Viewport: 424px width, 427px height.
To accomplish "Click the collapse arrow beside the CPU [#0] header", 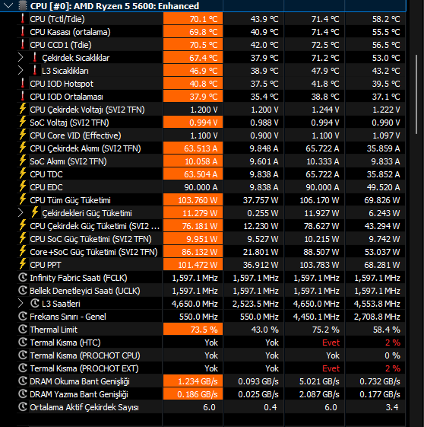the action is click(x=8, y=5).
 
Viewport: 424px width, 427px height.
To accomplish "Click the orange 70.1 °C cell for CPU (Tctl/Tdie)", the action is click(x=193, y=19).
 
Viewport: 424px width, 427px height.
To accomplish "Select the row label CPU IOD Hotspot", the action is click(x=62, y=84).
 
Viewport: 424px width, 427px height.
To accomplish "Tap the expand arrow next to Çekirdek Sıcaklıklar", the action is click(x=21, y=58).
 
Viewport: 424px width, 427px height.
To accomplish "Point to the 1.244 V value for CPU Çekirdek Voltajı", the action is click(x=325, y=110).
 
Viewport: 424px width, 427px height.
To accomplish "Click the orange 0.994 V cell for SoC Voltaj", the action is click(x=193, y=123).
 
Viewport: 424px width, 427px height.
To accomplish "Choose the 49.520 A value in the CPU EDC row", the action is click(x=383, y=187).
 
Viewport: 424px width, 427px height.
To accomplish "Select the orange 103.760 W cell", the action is click(x=193, y=200).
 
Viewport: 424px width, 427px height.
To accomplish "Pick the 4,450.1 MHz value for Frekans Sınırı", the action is click(x=316, y=317).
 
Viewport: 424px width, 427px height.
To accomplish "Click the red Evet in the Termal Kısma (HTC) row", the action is click(x=331, y=343).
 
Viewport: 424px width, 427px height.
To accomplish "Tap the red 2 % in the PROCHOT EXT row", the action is click(x=393, y=368).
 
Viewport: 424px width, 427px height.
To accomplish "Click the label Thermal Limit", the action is click(x=53, y=330).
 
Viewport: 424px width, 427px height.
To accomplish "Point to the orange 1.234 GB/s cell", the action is click(x=193, y=381).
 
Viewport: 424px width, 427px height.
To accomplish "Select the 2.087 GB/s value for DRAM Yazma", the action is click(x=319, y=394).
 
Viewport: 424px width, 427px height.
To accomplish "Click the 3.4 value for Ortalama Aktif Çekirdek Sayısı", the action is click(x=392, y=407).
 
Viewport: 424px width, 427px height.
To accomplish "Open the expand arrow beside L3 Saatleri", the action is click(x=21, y=304).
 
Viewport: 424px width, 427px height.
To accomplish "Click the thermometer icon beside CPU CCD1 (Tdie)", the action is click(x=23, y=45).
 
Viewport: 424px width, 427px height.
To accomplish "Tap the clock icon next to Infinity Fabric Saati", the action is click(x=23, y=278).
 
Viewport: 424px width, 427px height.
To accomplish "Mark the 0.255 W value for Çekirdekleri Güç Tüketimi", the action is click(x=263, y=213).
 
